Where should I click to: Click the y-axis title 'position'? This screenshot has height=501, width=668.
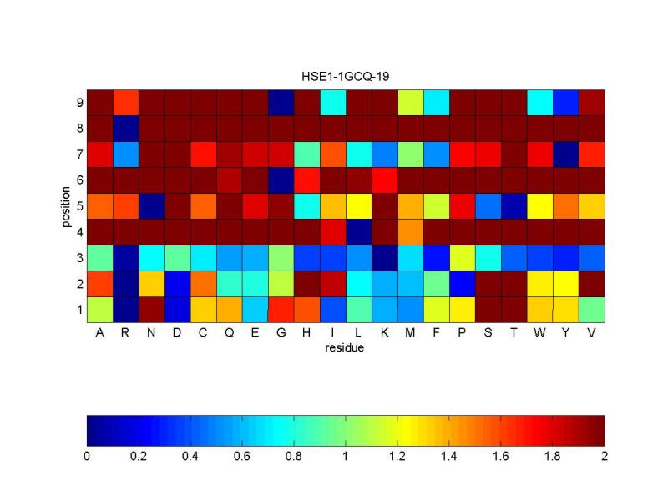click(x=65, y=205)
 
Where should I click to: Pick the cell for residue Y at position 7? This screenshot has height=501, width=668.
click(x=566, y=154)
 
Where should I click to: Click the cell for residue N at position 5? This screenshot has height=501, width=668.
click(x=151, y=205)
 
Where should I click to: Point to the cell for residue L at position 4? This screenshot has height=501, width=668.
click(x=359, y=231)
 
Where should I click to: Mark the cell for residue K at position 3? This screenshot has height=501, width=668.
click(x=385, y=257)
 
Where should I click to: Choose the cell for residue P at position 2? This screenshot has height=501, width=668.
click(x=463, y=283)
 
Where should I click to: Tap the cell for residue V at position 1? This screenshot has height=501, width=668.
click(x=592, y=309)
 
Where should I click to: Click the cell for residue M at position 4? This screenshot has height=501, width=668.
click(x=411, y=231)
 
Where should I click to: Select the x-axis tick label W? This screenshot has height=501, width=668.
click(x=540, y=333)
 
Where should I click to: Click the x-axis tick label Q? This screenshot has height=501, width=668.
click(x=229, y=333)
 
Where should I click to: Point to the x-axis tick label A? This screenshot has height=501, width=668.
click(x=99, y=333)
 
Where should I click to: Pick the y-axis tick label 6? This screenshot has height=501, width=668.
click(x=78, y=180)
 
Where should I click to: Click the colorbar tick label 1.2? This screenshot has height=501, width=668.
click(x=397, y=457)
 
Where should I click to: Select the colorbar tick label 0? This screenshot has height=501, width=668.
click(x=87, y=457)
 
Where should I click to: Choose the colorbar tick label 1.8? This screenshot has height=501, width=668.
click(x=553, y=457)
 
